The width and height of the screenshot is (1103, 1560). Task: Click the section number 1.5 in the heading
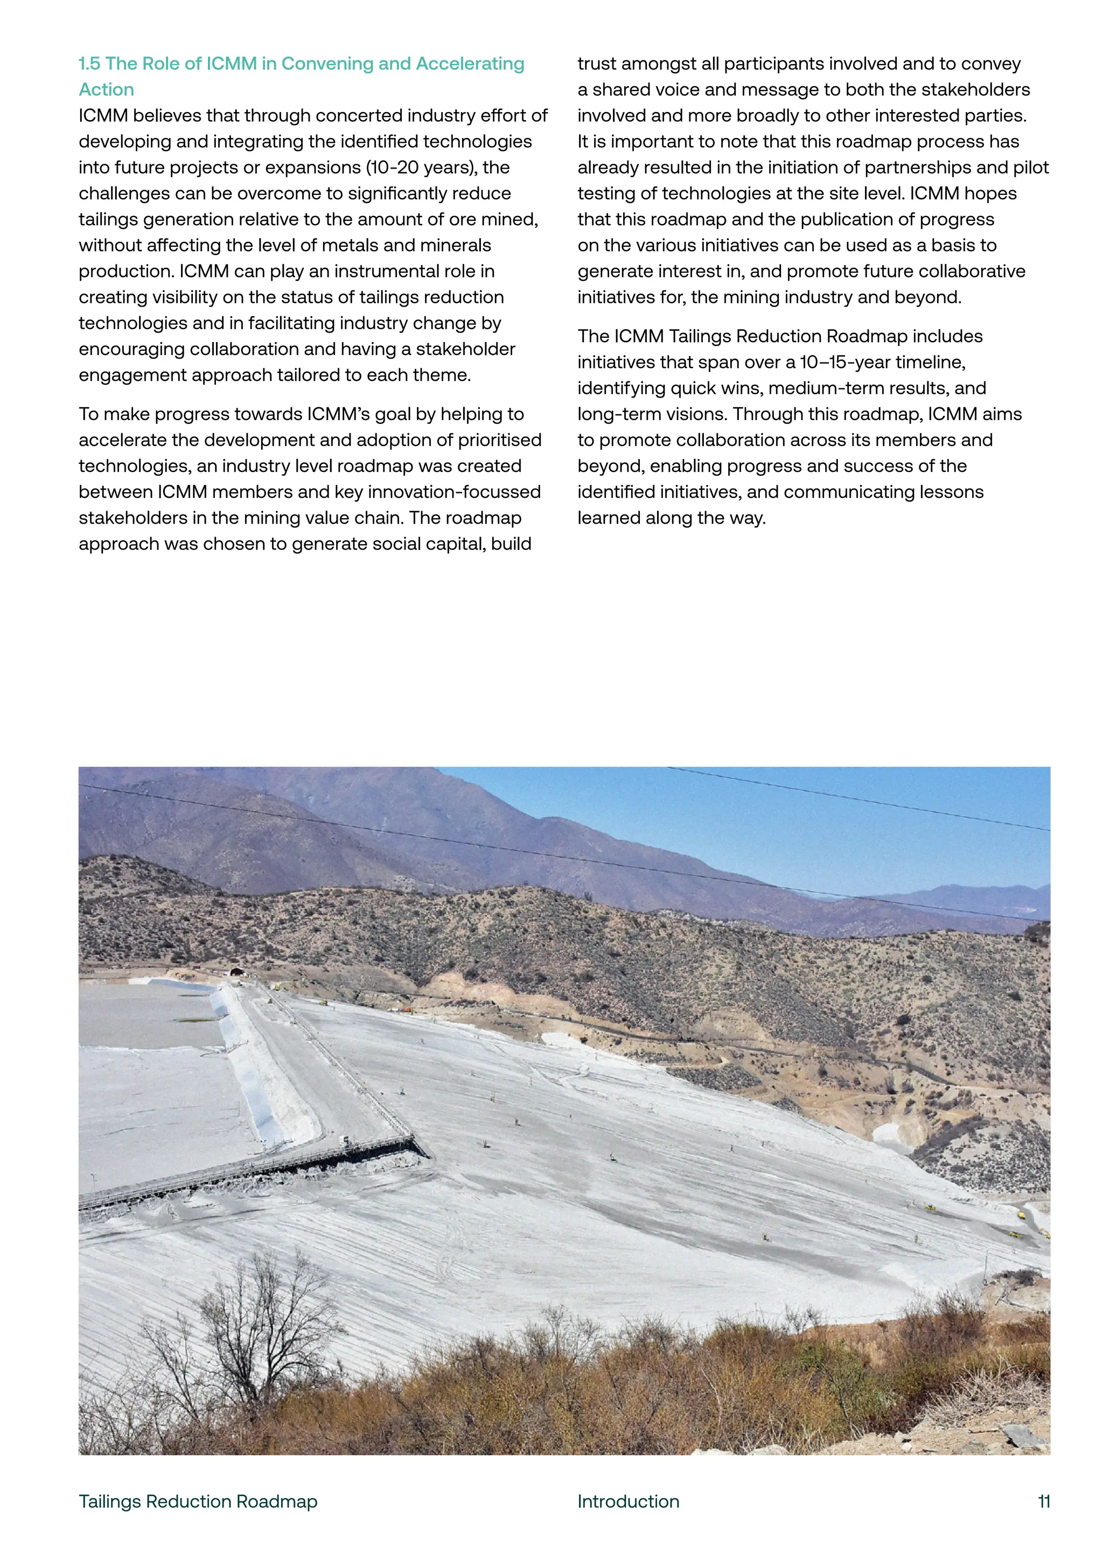pos(89,64)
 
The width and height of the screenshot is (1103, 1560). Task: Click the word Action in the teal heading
pos(107,89)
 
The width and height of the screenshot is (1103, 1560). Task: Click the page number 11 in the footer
pos(1044,1502)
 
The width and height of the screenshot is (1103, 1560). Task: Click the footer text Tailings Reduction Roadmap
pos(198,1502)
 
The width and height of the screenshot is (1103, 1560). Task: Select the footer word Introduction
pos(629,1502)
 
